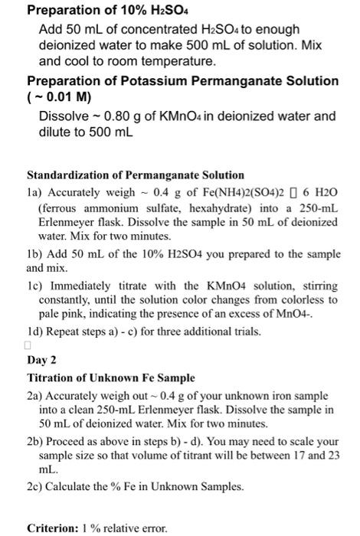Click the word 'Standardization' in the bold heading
[x=69, y=175]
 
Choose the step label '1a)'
[x=34, y=194]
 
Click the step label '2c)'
[x=34, y=489]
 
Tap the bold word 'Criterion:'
[x=54, y=527]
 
